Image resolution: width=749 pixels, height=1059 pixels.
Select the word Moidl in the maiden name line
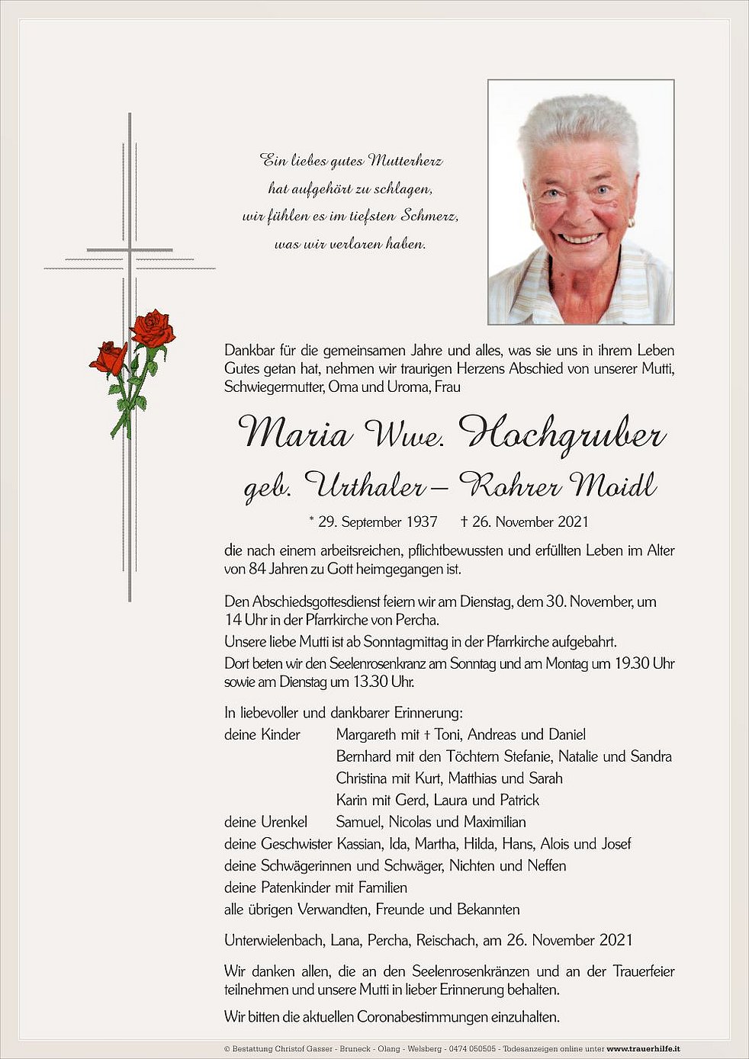(613, 485)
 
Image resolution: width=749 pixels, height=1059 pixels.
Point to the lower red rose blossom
(109, 357)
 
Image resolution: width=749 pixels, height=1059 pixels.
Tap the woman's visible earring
(631, 223)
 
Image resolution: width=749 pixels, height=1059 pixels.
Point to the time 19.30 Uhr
(645, 663)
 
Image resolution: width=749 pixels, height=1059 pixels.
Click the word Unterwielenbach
(274, 941)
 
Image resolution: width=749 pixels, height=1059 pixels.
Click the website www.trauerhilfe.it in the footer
(643, 1049)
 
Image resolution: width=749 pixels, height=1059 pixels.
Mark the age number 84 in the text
(257, 570)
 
